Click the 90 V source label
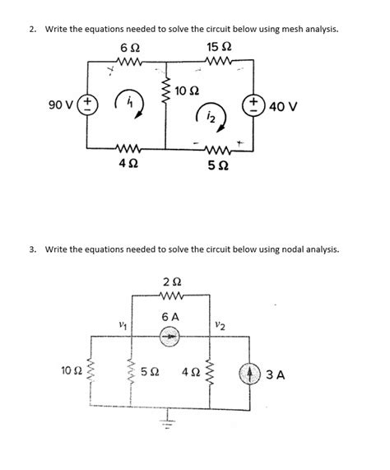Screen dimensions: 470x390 (x=61, y=105)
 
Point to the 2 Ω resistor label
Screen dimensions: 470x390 (x=170, y=282)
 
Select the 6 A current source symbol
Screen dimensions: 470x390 (x=169, y=336)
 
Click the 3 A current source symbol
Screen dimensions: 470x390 (x=252, y=375)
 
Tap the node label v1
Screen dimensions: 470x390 (x=122, y=327)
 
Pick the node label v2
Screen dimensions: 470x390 (x=220, y=327)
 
